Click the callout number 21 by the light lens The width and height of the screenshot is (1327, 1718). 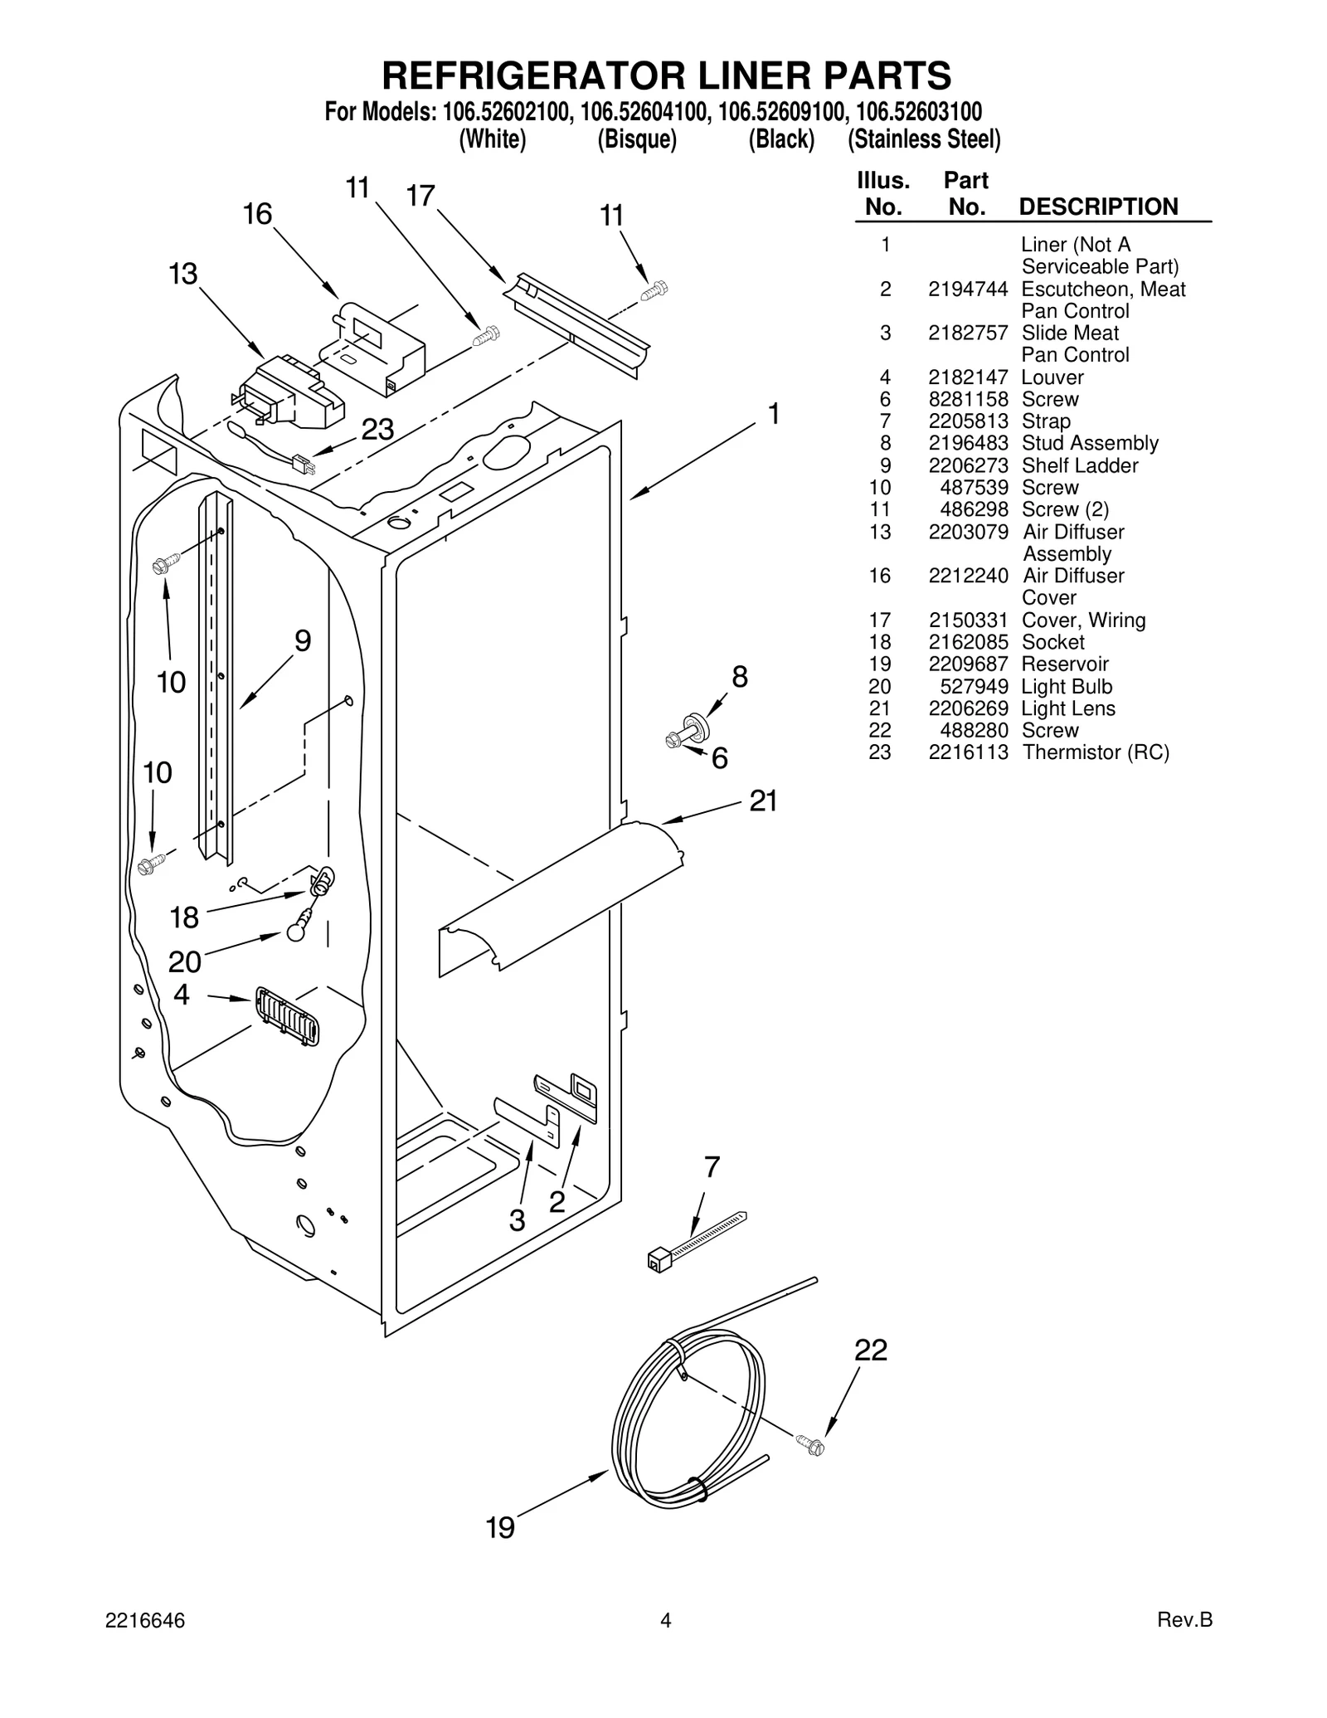coord(763,801)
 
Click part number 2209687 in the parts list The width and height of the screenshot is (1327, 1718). coord(968,664)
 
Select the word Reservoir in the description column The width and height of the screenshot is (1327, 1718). coord(1064,664)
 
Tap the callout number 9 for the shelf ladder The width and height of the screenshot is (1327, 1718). coord(303,641)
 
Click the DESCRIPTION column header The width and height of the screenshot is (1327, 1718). coord(1097,207)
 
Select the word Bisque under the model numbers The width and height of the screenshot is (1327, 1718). coord(637,139)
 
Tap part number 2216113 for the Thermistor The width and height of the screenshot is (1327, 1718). coord(968,752)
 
